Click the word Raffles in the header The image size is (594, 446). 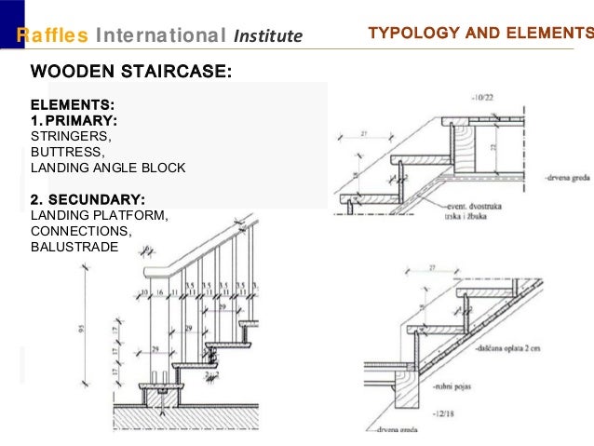point(54,35)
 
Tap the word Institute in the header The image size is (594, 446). point(268,36)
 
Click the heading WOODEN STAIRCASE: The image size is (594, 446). point(131,72)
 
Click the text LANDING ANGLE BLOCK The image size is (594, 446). point(108,169)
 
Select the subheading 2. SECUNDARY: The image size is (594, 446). point(88,200)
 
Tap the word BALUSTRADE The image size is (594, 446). point(74,247)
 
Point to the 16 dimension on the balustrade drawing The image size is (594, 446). point(160,292)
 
